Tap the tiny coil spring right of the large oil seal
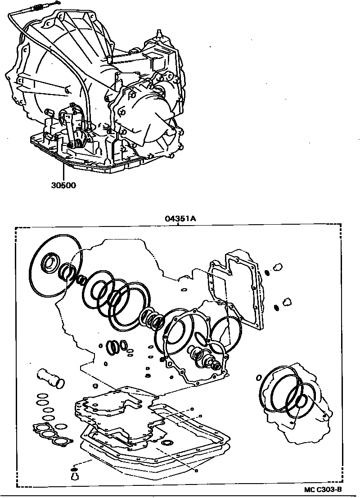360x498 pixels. pyautogui.click(x=82, y=280)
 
